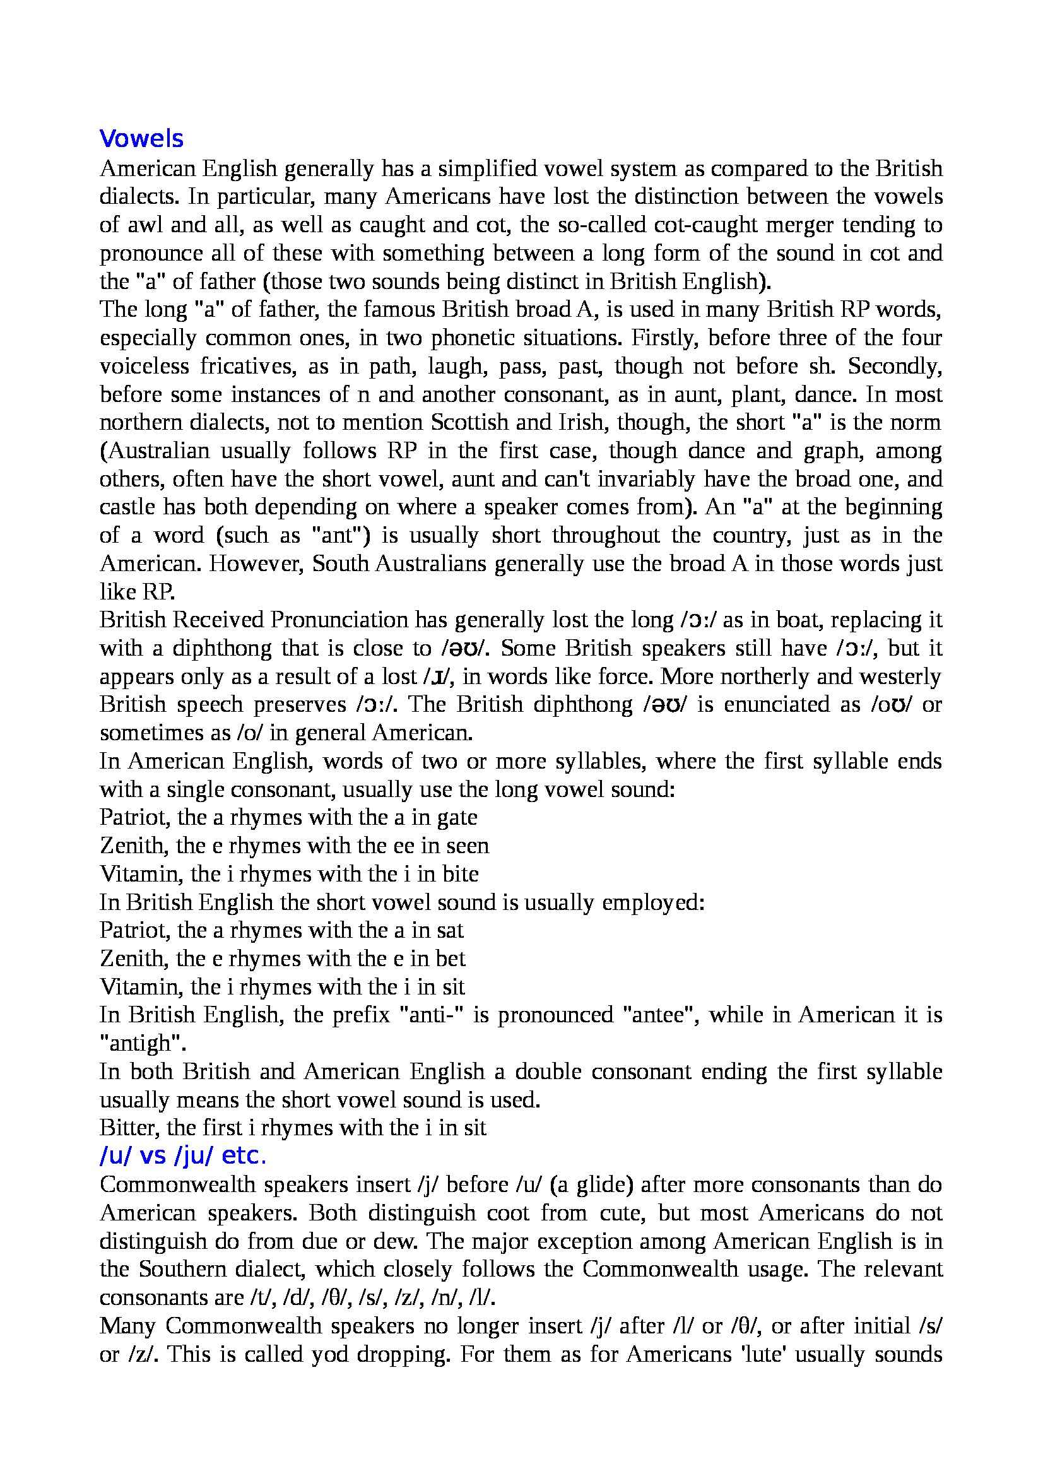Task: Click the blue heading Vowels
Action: click(141, 139)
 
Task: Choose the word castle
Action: click(128, 507)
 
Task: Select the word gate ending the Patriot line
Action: click(457, 817)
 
